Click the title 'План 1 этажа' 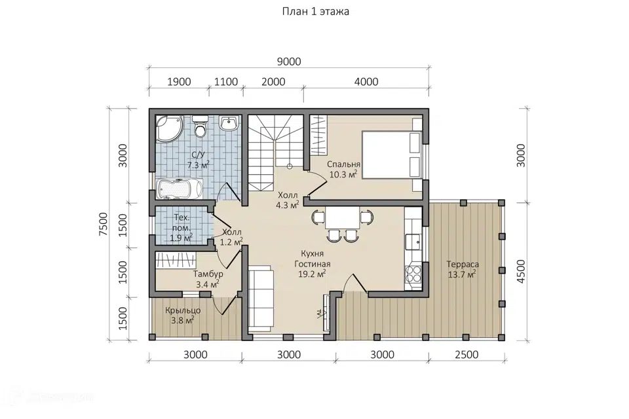[x=315, y=12]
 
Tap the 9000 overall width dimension [x=289, y=62]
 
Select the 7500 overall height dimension [x=104, y=224]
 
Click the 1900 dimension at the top [x=179, y=82]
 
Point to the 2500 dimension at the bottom [x=467, y=355]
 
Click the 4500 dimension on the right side [x=521, y=272]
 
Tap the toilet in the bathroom [x=199, y=126]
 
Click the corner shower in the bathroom [x=169, y=128]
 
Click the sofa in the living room [x=260, y=299]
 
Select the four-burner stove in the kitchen [x=413, y=274]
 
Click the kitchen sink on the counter [x=413, y=242]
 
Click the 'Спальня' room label [x=343, y=164]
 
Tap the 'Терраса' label [x=463, y=264]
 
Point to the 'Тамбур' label [x=208, y=274]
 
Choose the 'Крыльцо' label [x=183, y=310]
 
